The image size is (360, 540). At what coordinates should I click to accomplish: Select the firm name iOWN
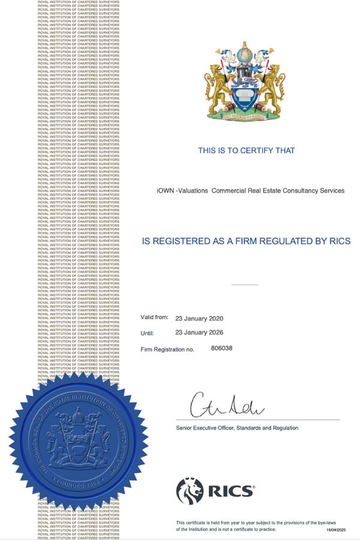[x=165, y=191]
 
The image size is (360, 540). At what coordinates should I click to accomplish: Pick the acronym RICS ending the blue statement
[x=338, y=241]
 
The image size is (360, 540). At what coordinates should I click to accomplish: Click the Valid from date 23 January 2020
[x=199, y=318]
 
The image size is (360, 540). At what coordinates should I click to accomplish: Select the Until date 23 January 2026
[x=199, y=332]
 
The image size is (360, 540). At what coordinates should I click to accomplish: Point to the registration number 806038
[x=221, y=348]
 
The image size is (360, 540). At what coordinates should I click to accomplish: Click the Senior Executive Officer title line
[x=237, y=428]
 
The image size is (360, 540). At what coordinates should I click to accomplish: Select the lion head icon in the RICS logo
[x=190, y=491]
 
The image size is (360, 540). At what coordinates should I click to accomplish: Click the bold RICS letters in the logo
[x=230, y=491]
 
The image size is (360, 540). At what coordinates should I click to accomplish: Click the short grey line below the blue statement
[x=244, y=284]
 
